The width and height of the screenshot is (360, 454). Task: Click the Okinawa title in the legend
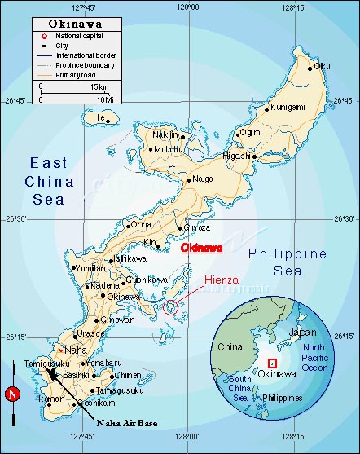[70, 25]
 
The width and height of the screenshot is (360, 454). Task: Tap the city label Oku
[323, 66]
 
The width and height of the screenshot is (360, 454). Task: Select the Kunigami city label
[288, 107]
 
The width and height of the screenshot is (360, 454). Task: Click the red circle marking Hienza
[170, 307]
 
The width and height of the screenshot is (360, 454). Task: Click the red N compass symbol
[11, 394]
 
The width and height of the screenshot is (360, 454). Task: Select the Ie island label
[102, 118]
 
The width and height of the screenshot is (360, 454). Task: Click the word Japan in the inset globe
[301, 333]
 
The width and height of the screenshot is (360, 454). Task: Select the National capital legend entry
[81, 37]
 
